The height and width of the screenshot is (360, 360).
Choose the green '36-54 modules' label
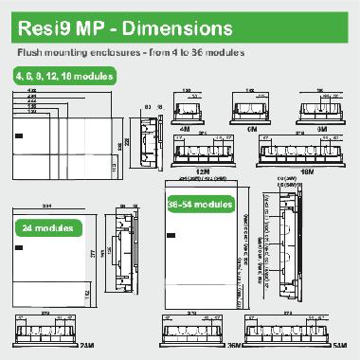coord(202,204)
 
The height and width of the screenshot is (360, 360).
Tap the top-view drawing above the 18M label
coord(308,152)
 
